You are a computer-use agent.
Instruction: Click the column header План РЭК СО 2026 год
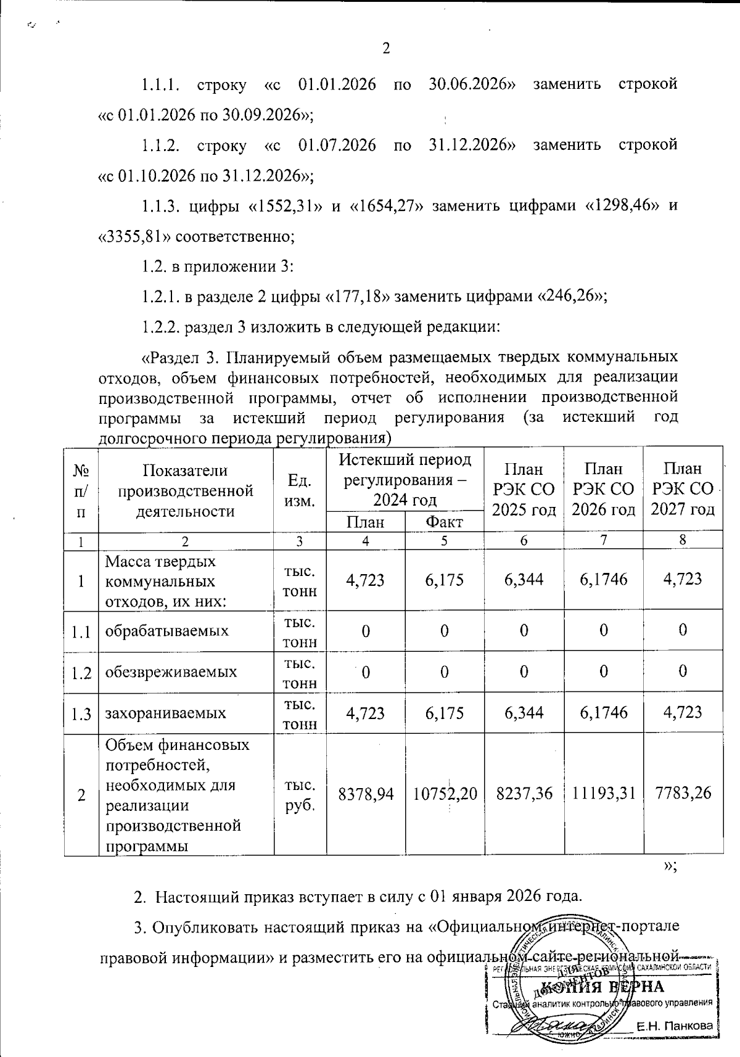[x=603, y=489]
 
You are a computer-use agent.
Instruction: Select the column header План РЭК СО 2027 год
[x=683, y=489]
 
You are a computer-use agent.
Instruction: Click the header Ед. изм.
[x=299, y=490]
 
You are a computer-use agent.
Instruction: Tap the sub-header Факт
[x=444, y=522]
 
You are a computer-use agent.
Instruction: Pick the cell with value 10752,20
[x=445, y=794]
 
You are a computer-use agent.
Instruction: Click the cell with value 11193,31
[x=603, y=794]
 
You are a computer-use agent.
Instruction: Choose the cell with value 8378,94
[x=366, y=794]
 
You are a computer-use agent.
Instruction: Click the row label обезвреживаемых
[x=171, y=672]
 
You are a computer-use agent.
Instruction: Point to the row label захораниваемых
[x=165, y=714]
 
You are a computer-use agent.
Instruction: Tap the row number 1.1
[x=81, y=631]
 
